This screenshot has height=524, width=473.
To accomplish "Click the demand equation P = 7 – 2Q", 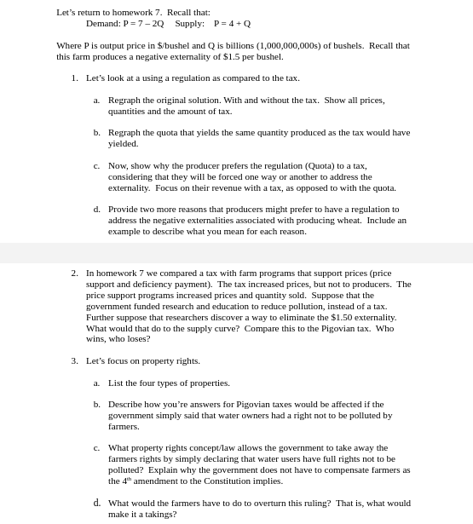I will tap(143, 24).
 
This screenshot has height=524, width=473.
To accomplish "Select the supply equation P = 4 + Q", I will tap(232, 24).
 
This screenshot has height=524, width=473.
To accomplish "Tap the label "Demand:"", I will tap(103, 24).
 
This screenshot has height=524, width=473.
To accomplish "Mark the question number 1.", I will tap(74, 78).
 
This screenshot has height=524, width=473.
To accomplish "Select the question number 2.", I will tap(74, 274).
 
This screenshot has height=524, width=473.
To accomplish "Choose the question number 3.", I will tap(74, 361).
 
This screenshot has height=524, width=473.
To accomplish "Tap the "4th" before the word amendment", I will tap(125, 481).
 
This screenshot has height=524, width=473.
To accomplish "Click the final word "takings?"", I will tap(161, 515).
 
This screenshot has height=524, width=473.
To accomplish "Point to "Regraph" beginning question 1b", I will tap(124, 133).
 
